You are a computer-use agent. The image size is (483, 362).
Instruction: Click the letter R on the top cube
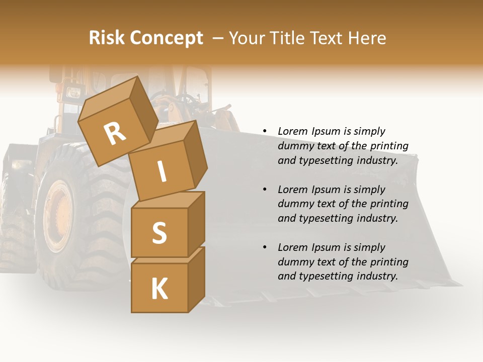tap(115, 134)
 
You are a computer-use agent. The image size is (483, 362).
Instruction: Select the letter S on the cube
tap(159, 233)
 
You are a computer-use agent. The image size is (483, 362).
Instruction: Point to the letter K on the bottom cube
tap(159, 289)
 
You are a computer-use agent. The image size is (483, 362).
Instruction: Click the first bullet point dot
tap(265, 131)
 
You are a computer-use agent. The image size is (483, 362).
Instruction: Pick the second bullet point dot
tap(265, 190)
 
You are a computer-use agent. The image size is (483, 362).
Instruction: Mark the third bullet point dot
tap(265, 247)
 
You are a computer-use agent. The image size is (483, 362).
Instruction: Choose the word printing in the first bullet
tap(389, 146)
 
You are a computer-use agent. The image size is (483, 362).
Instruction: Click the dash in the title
tap(218, 38)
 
